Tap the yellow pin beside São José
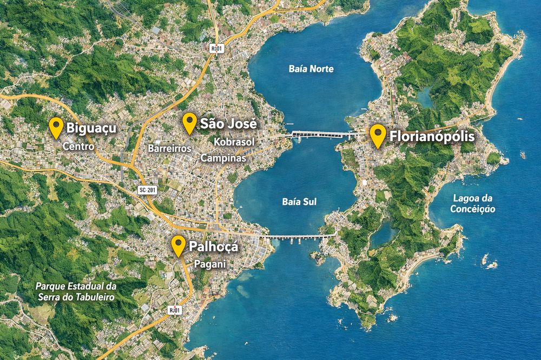point(189,122)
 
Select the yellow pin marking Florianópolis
point(377,135)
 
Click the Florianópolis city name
point(431,136)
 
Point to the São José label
point(228,123)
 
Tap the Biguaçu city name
point(92,129)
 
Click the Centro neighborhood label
point(78,146)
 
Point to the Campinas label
point(223,158)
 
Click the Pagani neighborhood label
point(209,264)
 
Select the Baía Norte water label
point(311,69)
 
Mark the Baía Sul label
point(299,202)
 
